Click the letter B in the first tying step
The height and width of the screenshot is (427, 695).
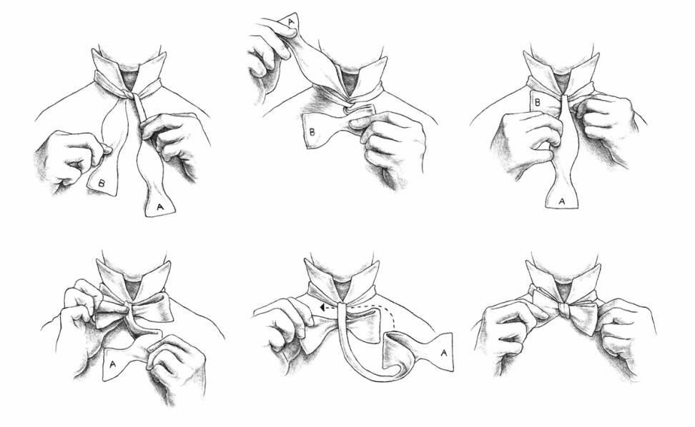(x=102, y=182)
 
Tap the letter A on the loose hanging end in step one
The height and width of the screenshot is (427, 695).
(x=160, y=206)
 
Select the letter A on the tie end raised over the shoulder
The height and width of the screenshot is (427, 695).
(x=291, y=21)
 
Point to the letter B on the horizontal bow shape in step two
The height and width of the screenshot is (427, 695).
(x=312, y=131)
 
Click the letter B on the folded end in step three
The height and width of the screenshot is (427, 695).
(x=537, y=103)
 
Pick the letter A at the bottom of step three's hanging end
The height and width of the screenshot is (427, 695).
(x=561, y=201)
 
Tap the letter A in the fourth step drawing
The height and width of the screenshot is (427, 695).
(x=112, y=364)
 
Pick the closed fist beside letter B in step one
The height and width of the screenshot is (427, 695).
(x=71, y=157)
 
